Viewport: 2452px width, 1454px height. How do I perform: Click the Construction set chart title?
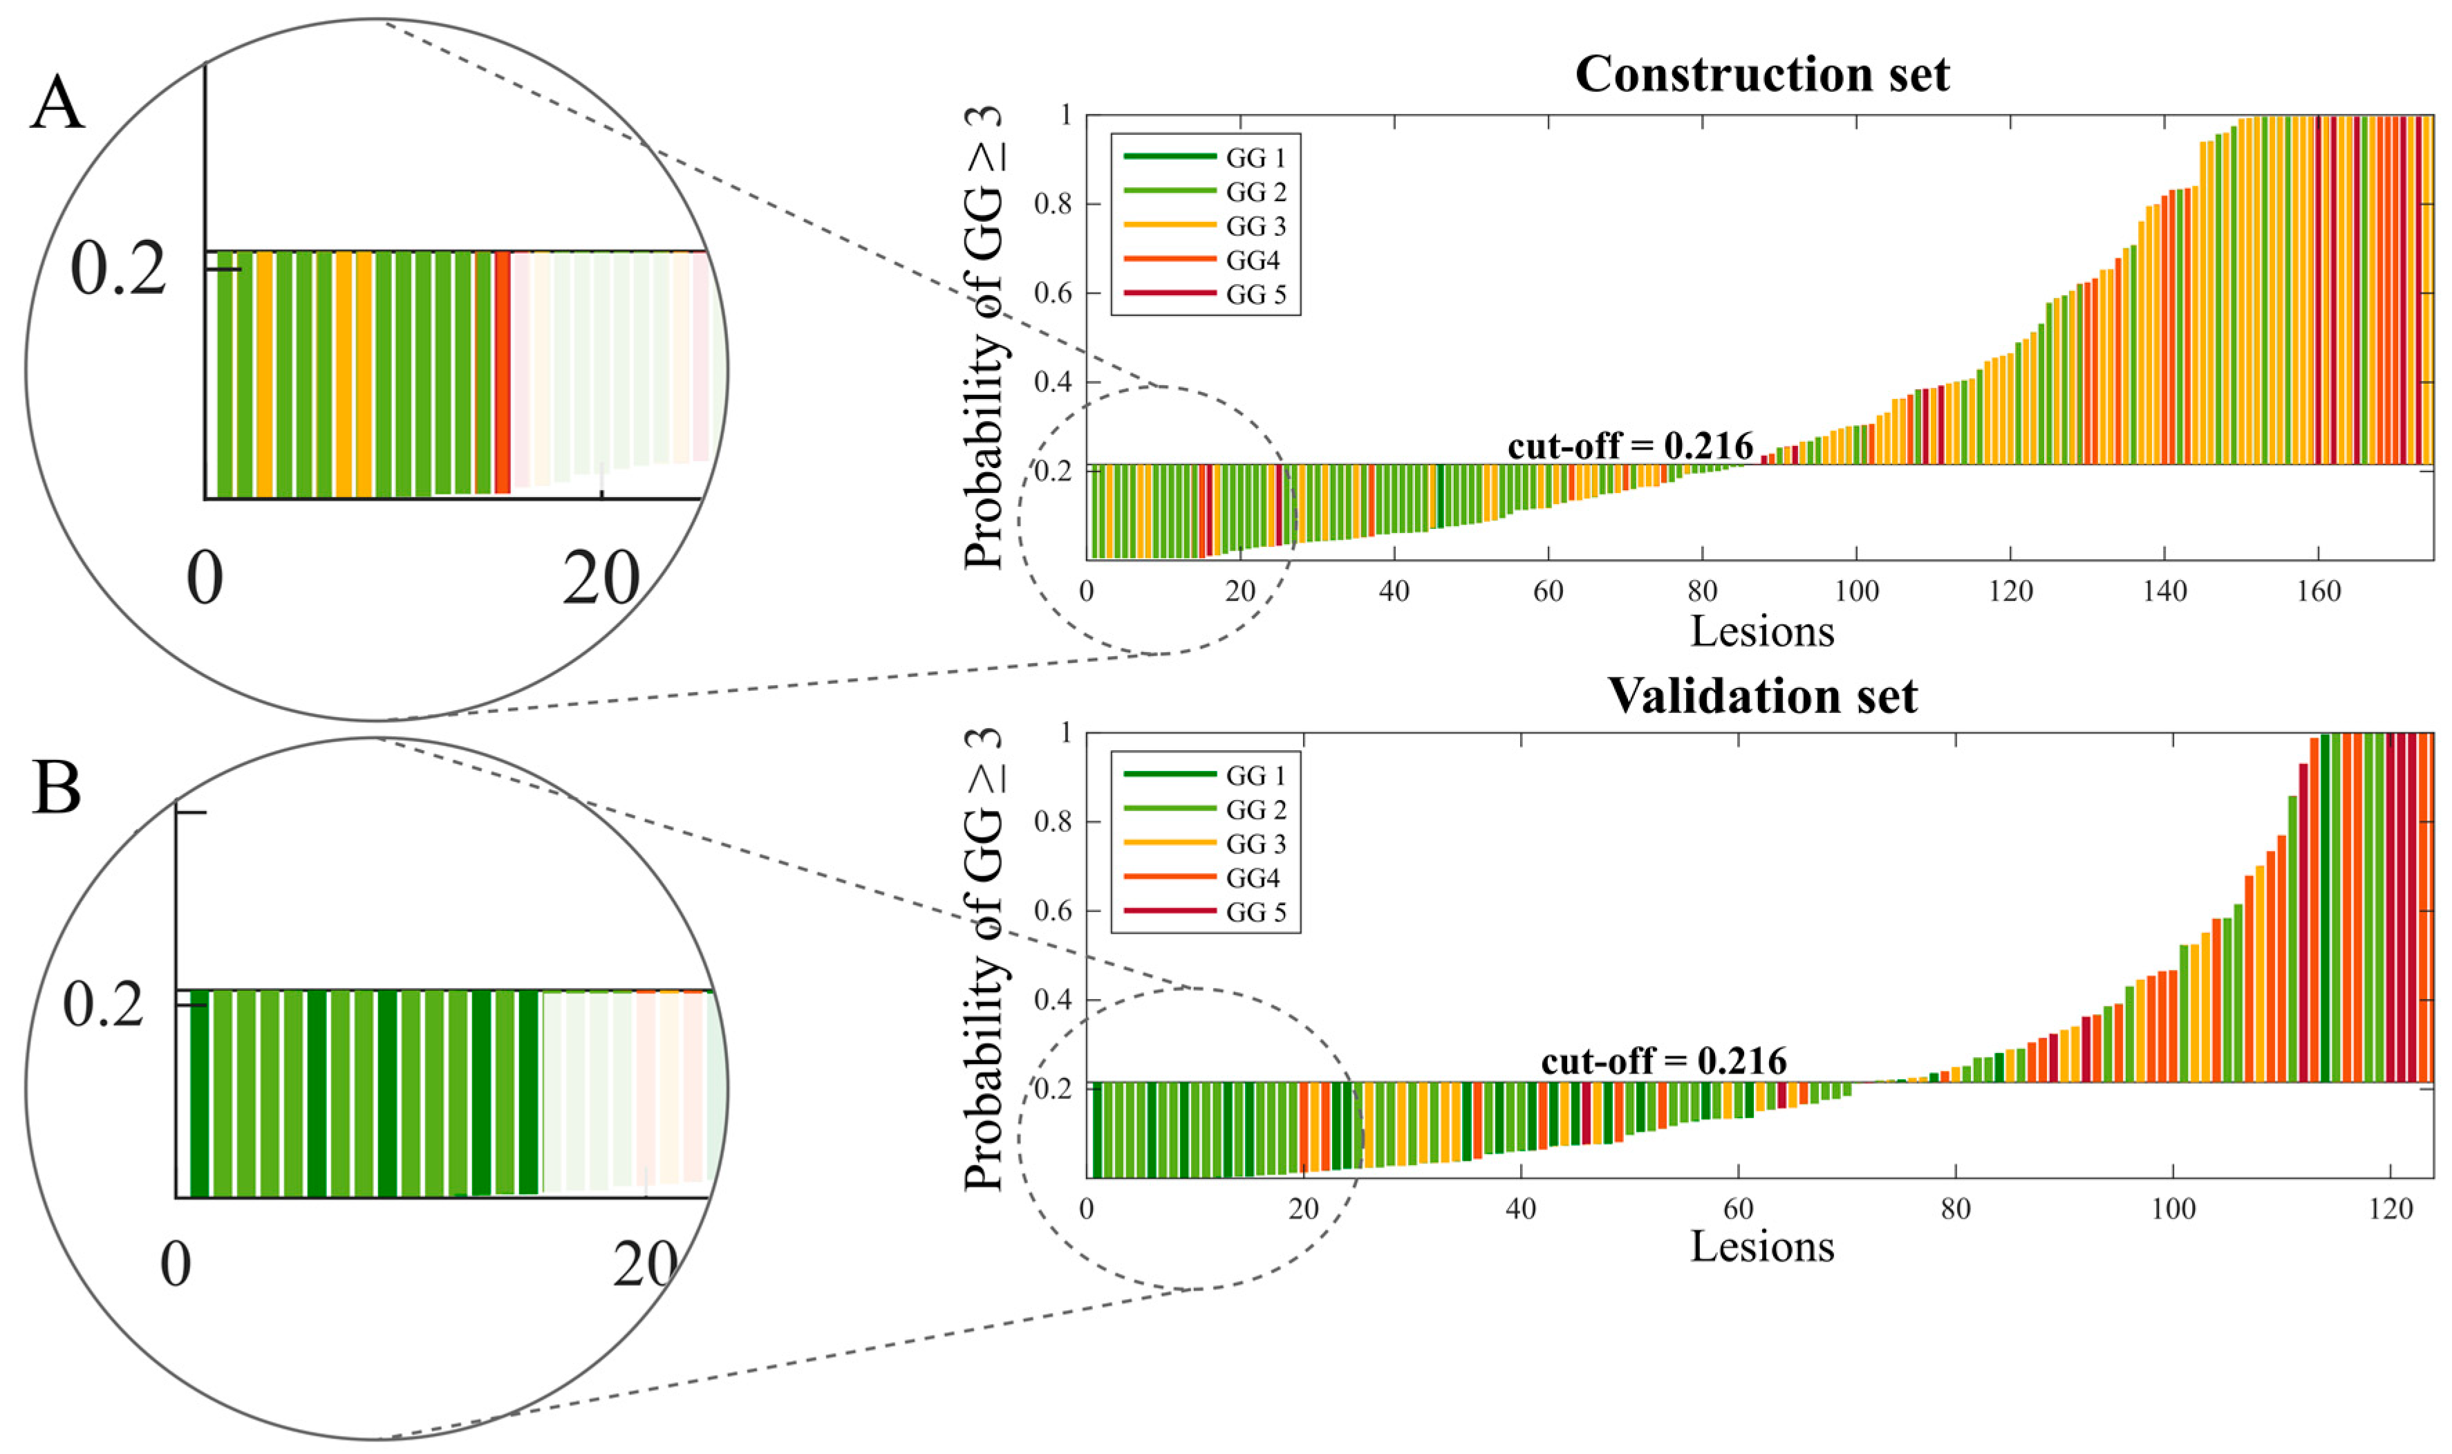1761,75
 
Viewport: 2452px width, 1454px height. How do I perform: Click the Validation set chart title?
1761,696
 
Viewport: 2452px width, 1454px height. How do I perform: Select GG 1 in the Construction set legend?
1255,158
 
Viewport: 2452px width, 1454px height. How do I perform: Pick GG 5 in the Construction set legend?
1255,295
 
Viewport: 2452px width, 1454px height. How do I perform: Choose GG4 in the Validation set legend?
1252,879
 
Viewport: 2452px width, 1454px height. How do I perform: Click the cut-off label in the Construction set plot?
1630,447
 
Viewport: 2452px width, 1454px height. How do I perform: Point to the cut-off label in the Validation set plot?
1663,1061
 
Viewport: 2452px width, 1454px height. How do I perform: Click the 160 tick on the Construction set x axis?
2318,592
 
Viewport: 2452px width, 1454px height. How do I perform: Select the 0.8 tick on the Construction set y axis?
1052,205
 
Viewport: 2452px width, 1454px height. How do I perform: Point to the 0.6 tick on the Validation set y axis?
1052,911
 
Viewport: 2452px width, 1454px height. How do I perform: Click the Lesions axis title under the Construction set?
1761,632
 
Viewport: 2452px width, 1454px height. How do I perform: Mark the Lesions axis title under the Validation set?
1761,1247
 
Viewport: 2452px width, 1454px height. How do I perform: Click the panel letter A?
57,104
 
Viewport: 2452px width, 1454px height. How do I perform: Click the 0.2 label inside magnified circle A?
118,270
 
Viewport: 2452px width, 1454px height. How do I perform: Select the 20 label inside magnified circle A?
601,580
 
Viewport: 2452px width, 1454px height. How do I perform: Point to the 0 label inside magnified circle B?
176,1265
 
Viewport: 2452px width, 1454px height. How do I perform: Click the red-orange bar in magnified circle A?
503,373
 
